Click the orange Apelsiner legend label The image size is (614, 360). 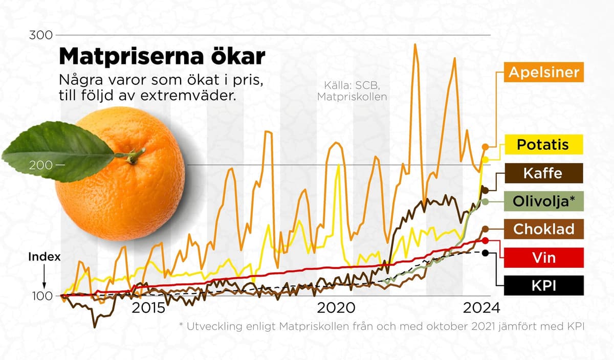544,72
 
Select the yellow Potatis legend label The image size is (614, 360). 542,144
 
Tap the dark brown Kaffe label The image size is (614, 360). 542,173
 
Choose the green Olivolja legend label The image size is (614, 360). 542,202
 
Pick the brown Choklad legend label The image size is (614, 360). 542,229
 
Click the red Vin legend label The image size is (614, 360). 542,257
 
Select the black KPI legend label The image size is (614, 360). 542,286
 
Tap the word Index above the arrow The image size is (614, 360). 45,257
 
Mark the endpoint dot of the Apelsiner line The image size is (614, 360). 485,146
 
